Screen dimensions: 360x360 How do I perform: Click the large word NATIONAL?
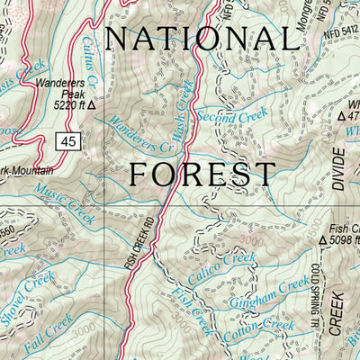(200, 39)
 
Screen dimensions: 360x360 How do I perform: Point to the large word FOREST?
(202, 174)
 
